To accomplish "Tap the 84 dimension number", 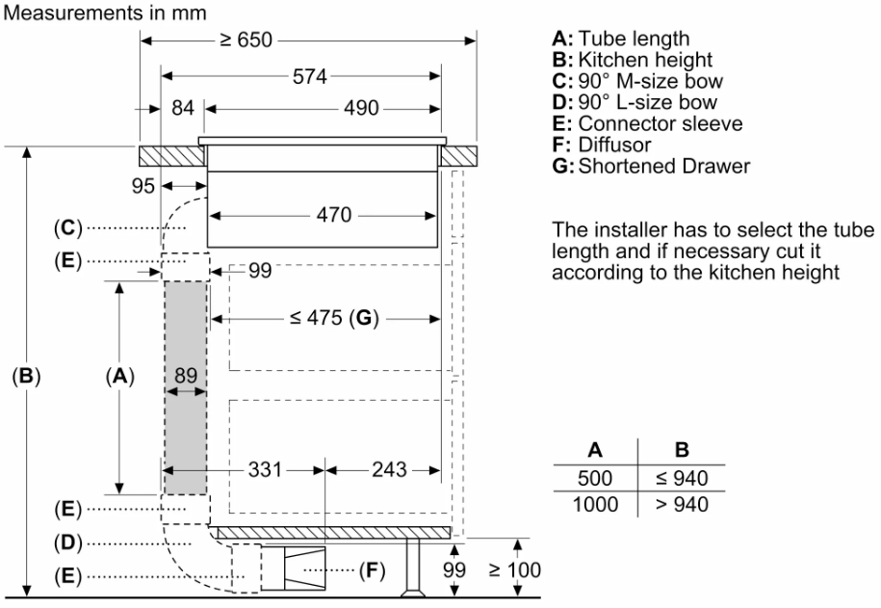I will [x=183, y=108].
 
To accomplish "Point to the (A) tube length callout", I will [x=119, y=376].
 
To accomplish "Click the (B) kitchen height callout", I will [x=27, y=376].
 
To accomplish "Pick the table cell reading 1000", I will [x=595, y=503].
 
